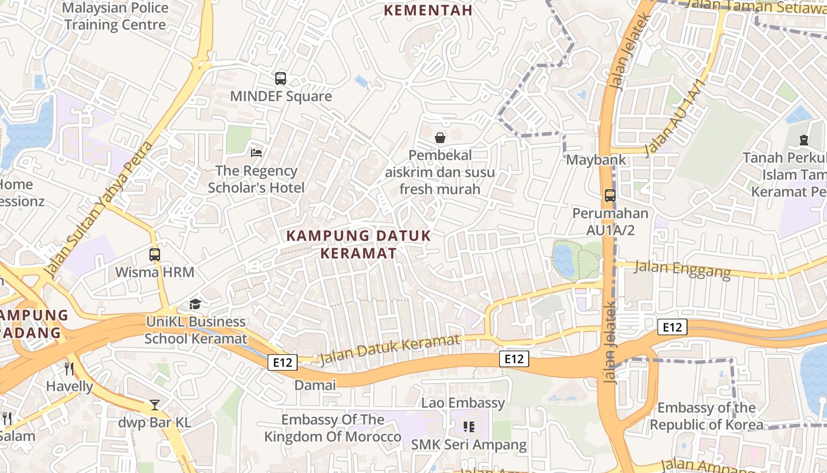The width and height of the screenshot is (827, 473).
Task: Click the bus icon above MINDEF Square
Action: [x=281, y=78]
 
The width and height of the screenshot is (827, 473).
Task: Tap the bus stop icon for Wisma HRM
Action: [x=155, y=255]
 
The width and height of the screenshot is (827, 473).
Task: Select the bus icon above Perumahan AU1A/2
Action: [x=610, y=196]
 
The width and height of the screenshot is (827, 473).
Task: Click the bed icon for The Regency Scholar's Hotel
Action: [x=256, y=153]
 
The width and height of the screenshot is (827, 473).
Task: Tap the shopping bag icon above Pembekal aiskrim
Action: [x=440, y=138]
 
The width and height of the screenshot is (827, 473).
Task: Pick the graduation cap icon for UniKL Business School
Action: [x=195, y=304]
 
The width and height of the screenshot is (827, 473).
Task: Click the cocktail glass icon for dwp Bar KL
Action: [x=155, y=405]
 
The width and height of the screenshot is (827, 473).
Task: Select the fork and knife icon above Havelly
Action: [x=69, y=369]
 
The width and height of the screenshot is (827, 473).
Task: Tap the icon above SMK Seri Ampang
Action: [x=469, y=426]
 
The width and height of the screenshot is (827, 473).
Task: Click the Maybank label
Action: [x=595, y=160]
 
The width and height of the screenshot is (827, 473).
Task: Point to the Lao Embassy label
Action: [x=463, y=403]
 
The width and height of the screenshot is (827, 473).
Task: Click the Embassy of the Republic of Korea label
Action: [x=706, y=416]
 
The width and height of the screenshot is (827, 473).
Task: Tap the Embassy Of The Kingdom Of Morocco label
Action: [x=333, y=429]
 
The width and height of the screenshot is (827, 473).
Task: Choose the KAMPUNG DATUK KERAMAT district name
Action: [x=359, y=244]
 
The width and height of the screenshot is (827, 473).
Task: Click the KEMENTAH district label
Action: [x=428, y=11]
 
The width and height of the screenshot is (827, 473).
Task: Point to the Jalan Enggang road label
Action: [x=682, y=269]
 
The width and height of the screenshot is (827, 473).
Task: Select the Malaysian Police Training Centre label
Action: [x=115, y=17]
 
